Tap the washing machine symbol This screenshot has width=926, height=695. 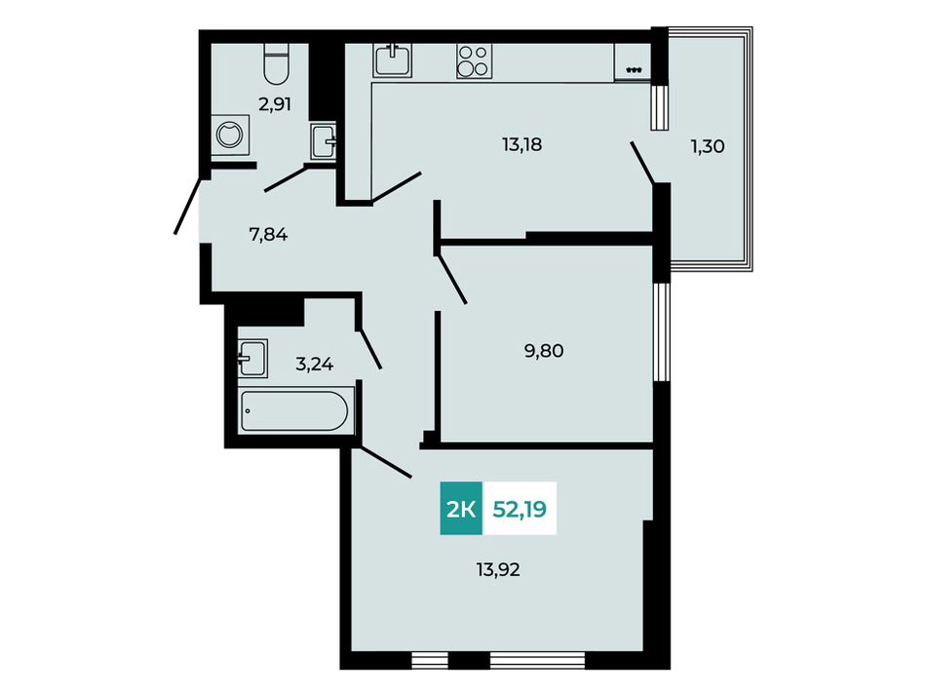click(230, 135)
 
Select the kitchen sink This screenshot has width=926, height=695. click(392, 60)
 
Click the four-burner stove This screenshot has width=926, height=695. click(474, 61)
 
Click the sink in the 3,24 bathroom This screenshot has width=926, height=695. click(252, 359)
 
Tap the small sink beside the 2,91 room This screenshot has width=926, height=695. click(323, 141)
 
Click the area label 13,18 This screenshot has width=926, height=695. click(522, 144)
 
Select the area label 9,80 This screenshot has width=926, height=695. click(543, 351)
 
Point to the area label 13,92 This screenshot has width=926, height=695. click(498, 570)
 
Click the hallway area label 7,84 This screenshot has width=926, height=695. click(268, 235)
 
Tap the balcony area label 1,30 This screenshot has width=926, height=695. click(708, 146)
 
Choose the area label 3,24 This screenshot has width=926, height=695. click(314, 365)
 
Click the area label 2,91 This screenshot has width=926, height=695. click(275, 104)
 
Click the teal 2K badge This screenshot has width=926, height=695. click(461, 509)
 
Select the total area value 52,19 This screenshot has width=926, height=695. click(520, 509)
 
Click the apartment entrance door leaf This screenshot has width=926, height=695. click(186, 205)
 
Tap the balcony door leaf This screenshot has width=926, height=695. click(642, 163)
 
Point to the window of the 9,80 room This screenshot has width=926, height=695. click(662, 333)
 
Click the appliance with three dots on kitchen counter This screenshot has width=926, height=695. click(633, 63)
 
